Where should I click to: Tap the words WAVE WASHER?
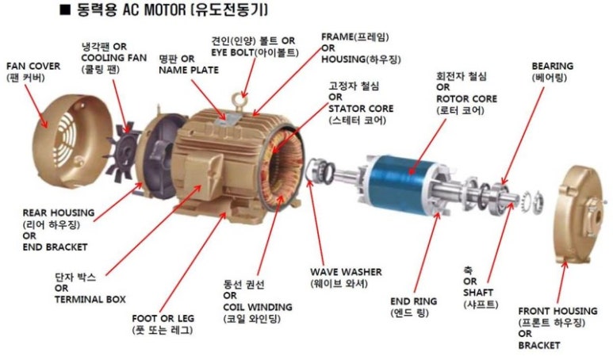click(x=345, y=271)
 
